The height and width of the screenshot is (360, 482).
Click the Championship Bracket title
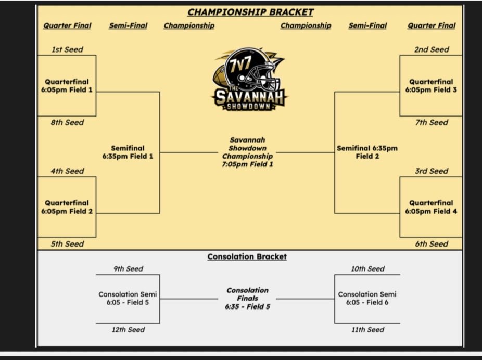point(250,12)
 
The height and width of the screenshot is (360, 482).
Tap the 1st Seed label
point(67,49)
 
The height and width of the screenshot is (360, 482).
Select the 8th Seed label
point(67,122)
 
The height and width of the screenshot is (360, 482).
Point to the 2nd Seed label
point(432,49)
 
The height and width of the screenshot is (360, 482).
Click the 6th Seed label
point(432,244)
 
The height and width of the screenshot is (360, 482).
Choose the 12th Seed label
point(128,330)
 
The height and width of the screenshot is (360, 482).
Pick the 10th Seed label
point(367,269)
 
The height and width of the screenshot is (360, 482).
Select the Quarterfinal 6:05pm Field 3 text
point(431,86)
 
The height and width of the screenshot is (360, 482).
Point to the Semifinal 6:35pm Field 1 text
point(128,152)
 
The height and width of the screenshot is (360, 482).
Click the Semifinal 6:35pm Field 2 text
point(367,152)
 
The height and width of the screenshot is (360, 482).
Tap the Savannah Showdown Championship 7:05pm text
point(247,152)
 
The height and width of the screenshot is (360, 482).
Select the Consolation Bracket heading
point(247,256)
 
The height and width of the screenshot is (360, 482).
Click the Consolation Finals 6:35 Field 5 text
point(247,298)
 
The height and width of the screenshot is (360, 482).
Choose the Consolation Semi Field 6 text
point(367,298)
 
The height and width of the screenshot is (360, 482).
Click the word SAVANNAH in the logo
point(249,97)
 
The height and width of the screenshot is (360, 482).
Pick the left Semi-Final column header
point(128,25)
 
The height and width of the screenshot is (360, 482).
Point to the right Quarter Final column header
point(432,25)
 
